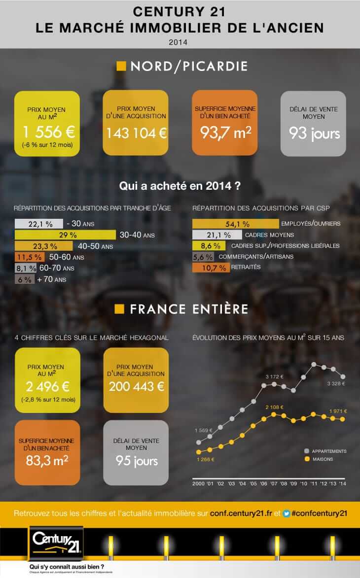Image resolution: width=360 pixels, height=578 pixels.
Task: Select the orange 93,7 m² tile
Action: [225, 123]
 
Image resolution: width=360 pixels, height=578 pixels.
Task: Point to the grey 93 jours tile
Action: [315, 123]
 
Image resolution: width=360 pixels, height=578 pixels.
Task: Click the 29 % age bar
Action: [66, 235]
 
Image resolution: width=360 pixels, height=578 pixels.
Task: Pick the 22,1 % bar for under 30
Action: [39, 224]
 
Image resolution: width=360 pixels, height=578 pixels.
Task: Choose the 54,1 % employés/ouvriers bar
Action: [236, 224]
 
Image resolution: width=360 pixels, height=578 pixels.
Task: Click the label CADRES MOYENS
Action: [269, 235]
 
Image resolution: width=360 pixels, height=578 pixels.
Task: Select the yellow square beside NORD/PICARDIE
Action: [121, 66]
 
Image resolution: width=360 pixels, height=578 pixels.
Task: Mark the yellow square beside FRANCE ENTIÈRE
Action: [119, 309]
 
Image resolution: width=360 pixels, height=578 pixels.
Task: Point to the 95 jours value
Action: [137, 461]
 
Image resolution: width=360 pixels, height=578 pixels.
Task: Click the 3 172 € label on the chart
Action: [274, 376]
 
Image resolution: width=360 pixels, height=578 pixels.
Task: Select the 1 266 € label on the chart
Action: [205, 459]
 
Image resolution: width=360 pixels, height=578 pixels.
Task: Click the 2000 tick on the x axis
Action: [198, 484]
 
